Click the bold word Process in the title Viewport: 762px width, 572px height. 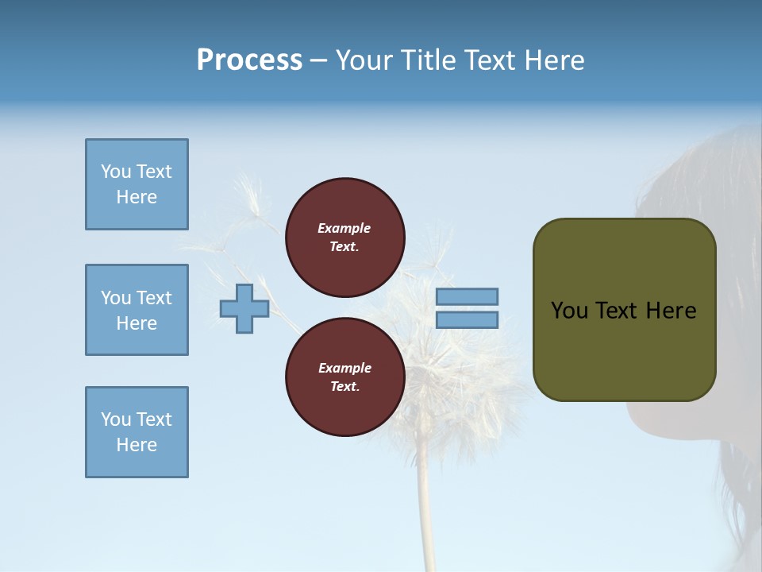[249, 60]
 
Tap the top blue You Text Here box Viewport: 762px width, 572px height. [137, 184]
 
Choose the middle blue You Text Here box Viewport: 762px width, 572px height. [137, 310]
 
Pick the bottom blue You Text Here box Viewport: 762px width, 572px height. [137, 432]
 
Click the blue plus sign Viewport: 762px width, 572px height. [244, 308]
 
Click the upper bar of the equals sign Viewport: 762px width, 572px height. [467, 296]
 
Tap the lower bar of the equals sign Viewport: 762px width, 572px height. [467, 319]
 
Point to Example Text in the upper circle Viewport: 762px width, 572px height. [344, 237]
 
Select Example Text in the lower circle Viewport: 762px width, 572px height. [344, 377]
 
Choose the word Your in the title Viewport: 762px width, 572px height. [362, 60]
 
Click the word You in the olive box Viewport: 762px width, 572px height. [569, 311]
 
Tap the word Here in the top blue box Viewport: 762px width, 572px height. [137, 197]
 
